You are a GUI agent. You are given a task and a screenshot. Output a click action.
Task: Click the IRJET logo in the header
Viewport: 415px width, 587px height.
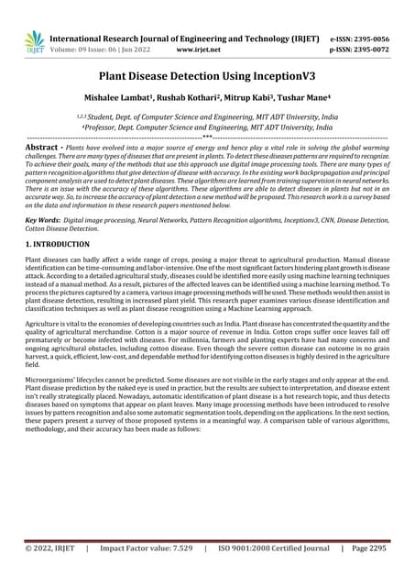pos(34,41)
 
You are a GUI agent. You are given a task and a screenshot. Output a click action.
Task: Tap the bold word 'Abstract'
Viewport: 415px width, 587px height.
pos(44,148)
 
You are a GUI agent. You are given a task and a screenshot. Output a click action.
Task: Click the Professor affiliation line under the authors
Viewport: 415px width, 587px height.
pos(207,130)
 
